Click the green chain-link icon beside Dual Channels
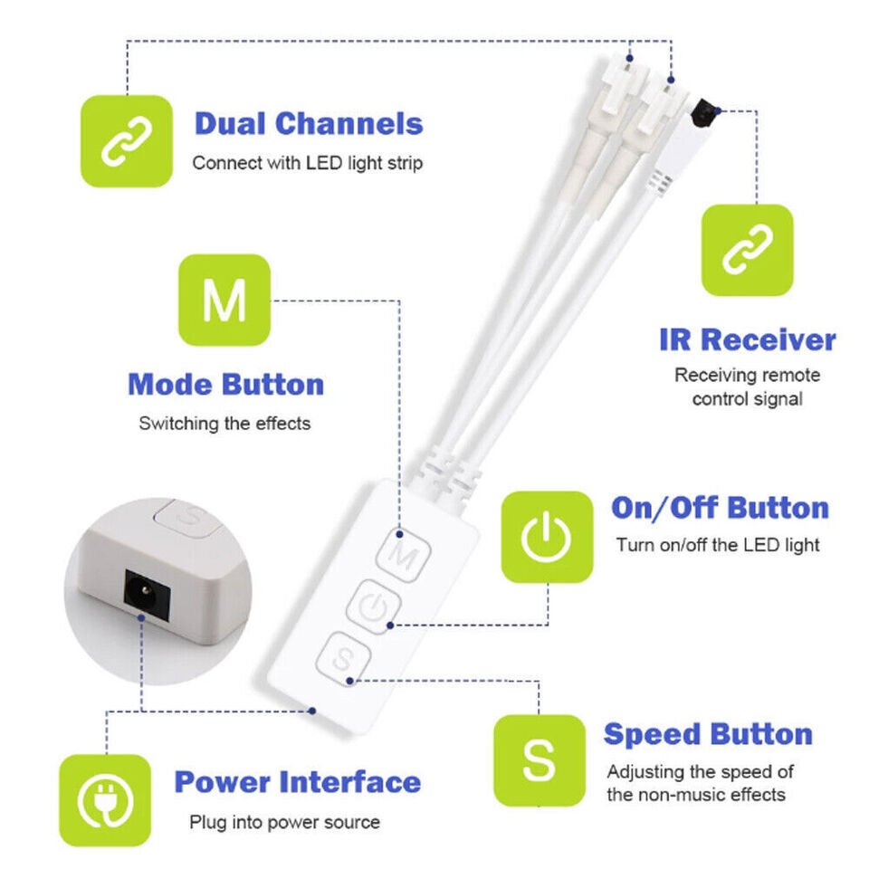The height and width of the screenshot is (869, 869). pyautogui.click(x=127, y=141)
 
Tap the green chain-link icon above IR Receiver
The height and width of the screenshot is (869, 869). pyautogui.click(x=747, y=250)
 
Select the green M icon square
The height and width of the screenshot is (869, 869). pyautogui.click(x=224, y=300)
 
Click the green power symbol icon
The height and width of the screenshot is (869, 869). pyautogui.click(x=547, y=537)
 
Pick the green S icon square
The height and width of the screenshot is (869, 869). pyautogui.click(x=540, y=760)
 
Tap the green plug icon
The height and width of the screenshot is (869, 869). pyautogui.click(x=105, y=800)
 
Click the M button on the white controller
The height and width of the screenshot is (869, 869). pyautogui.click(x=404, y=555)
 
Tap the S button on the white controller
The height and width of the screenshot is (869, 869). pyautogui.click(x=344, y=659)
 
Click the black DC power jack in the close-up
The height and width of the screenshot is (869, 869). pyautogui.click(x=147, y=595)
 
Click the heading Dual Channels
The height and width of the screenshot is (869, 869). pyautogui.click(x=309, y=124)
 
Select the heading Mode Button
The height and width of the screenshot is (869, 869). pyautogui.click(x=226, y=385)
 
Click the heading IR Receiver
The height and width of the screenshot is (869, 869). pyautogui.click(x=748, y=339)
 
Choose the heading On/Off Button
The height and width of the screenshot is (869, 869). pyautogui.click(x=720, y=508)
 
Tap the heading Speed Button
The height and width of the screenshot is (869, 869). pyautogui.click(x=708, y=734)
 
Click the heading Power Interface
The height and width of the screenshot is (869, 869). pyautogui.click(x=298, y=782)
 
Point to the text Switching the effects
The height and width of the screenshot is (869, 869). pyautogui.click(x=224, y=424)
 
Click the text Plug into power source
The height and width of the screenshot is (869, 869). pyautogui.click(x=284, y=822)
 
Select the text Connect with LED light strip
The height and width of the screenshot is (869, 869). pyautogui.click(x=308, y=163)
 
